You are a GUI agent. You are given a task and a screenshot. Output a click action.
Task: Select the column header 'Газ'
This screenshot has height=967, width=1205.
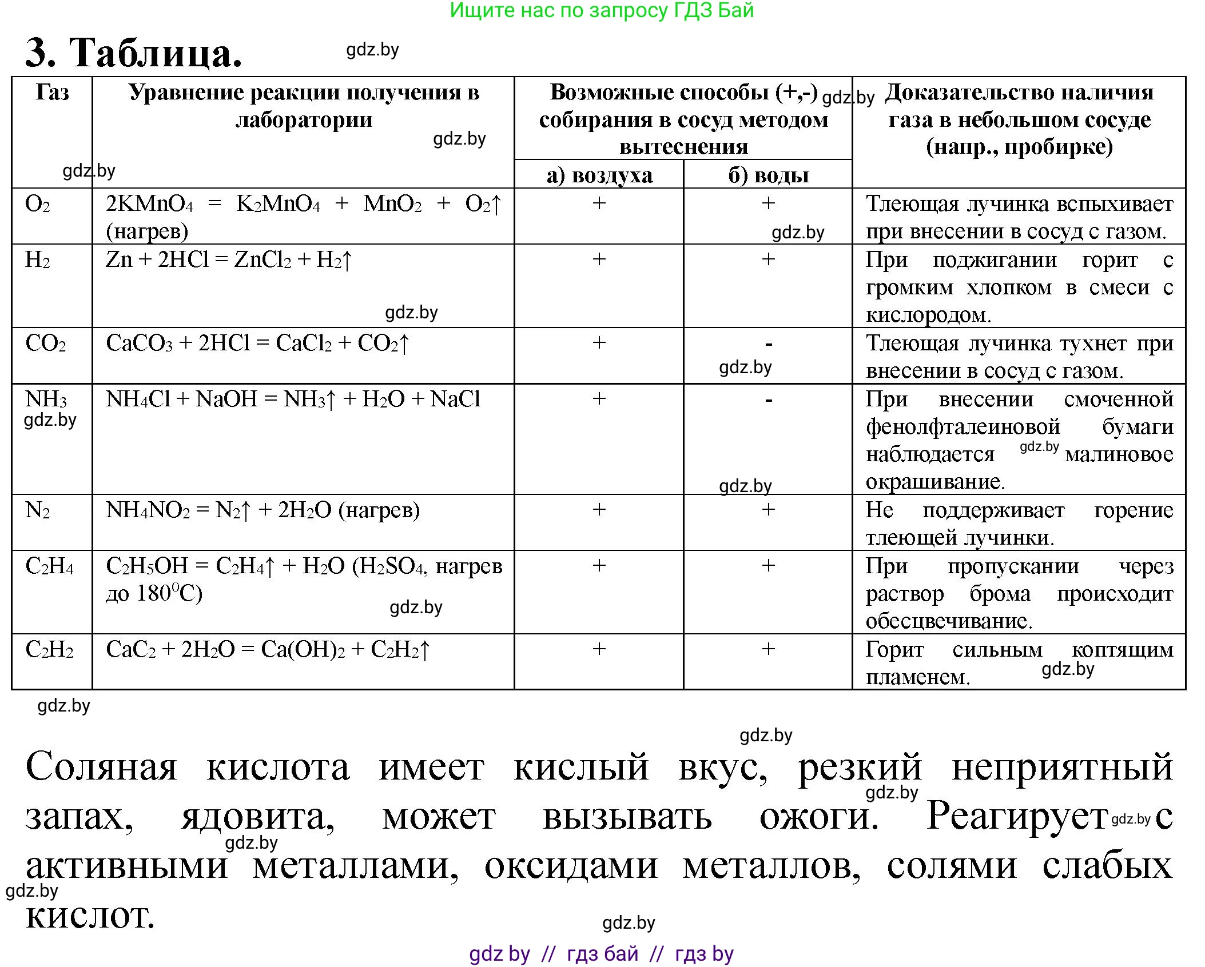coord(52,93)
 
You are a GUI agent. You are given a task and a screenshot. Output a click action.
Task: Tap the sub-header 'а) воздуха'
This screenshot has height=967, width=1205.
coord(599,175)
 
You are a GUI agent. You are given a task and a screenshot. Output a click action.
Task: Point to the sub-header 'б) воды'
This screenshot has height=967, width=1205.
coord(768,175)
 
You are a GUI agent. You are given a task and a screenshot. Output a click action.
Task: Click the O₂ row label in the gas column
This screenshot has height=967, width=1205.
coord(38,204)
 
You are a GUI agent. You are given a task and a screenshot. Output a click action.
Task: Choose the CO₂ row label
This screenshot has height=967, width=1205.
coord(46,343)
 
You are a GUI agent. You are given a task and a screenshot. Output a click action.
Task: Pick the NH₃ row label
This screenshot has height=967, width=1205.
coord(46,399)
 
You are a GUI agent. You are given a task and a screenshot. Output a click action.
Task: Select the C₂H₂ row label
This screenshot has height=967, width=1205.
coord(49,650)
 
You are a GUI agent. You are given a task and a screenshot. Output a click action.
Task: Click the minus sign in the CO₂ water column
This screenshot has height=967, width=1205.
coord(769,344)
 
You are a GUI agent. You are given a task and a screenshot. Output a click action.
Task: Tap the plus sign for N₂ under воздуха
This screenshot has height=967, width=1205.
coord(599,509)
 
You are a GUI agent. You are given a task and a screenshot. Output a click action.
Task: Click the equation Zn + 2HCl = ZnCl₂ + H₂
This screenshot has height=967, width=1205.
coord(229,260)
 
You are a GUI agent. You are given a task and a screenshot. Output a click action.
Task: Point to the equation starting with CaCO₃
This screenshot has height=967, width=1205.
coord(257,343)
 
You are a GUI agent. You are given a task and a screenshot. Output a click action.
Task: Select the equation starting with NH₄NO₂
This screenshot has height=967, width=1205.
coord(263,510)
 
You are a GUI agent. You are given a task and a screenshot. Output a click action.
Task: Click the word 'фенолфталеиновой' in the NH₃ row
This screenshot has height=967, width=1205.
coord(963,427)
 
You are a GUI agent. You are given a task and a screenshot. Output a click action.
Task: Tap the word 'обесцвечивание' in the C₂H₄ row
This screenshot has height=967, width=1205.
coord(948,621)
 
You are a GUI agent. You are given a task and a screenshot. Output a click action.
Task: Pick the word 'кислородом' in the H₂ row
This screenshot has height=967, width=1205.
coord(928,315)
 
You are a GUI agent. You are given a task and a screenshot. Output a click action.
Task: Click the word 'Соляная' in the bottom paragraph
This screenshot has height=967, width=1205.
coord(101,766)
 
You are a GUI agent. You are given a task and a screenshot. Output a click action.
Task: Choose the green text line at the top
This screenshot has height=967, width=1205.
coord(602,10)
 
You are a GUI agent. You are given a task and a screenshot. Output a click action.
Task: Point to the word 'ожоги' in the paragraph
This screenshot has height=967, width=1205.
coord(818,817)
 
